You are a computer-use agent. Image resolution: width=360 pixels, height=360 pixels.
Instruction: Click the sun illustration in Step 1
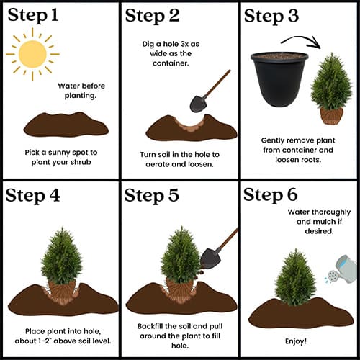tap(32, 54)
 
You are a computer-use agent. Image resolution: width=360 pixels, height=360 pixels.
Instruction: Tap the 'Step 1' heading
tap(33, 15)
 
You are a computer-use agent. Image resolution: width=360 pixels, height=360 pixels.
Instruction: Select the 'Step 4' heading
tap(32, 196)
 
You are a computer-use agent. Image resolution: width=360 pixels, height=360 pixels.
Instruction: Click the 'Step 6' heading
tap(271, 194)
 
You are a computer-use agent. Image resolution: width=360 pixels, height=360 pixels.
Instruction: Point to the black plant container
tap(279, 79)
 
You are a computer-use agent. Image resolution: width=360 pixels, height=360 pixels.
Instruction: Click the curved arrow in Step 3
tap(301, 41)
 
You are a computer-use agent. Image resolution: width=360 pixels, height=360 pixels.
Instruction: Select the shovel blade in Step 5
tap(210, 258)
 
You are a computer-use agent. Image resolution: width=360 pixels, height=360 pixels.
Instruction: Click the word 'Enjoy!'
tap(296, 341)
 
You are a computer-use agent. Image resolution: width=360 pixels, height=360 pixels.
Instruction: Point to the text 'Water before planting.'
tap(81, 91)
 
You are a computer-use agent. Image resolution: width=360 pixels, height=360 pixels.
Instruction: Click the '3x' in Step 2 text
tap(184, 44)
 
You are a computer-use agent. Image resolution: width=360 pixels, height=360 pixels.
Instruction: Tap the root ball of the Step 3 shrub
tap(332, 116)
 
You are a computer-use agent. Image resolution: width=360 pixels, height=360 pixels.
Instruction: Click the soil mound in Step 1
tap(66, 125)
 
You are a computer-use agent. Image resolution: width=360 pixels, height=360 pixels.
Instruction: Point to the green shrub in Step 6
tap(295, 277)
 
